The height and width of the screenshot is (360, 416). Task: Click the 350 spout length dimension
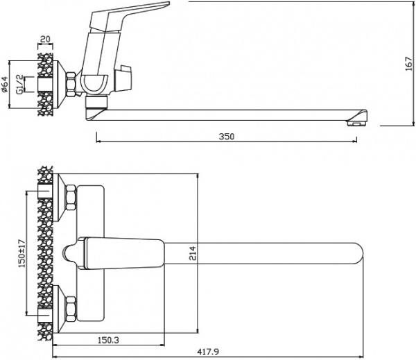pos(226,136)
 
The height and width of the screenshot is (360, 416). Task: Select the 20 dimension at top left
pos(46,40)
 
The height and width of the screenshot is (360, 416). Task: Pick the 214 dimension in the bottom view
pos(193,255)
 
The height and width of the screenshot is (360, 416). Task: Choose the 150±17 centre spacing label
pos(21,255)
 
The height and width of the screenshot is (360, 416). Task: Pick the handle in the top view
pos(118,254)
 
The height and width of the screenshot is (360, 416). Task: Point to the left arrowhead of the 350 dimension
pos(98,142)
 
